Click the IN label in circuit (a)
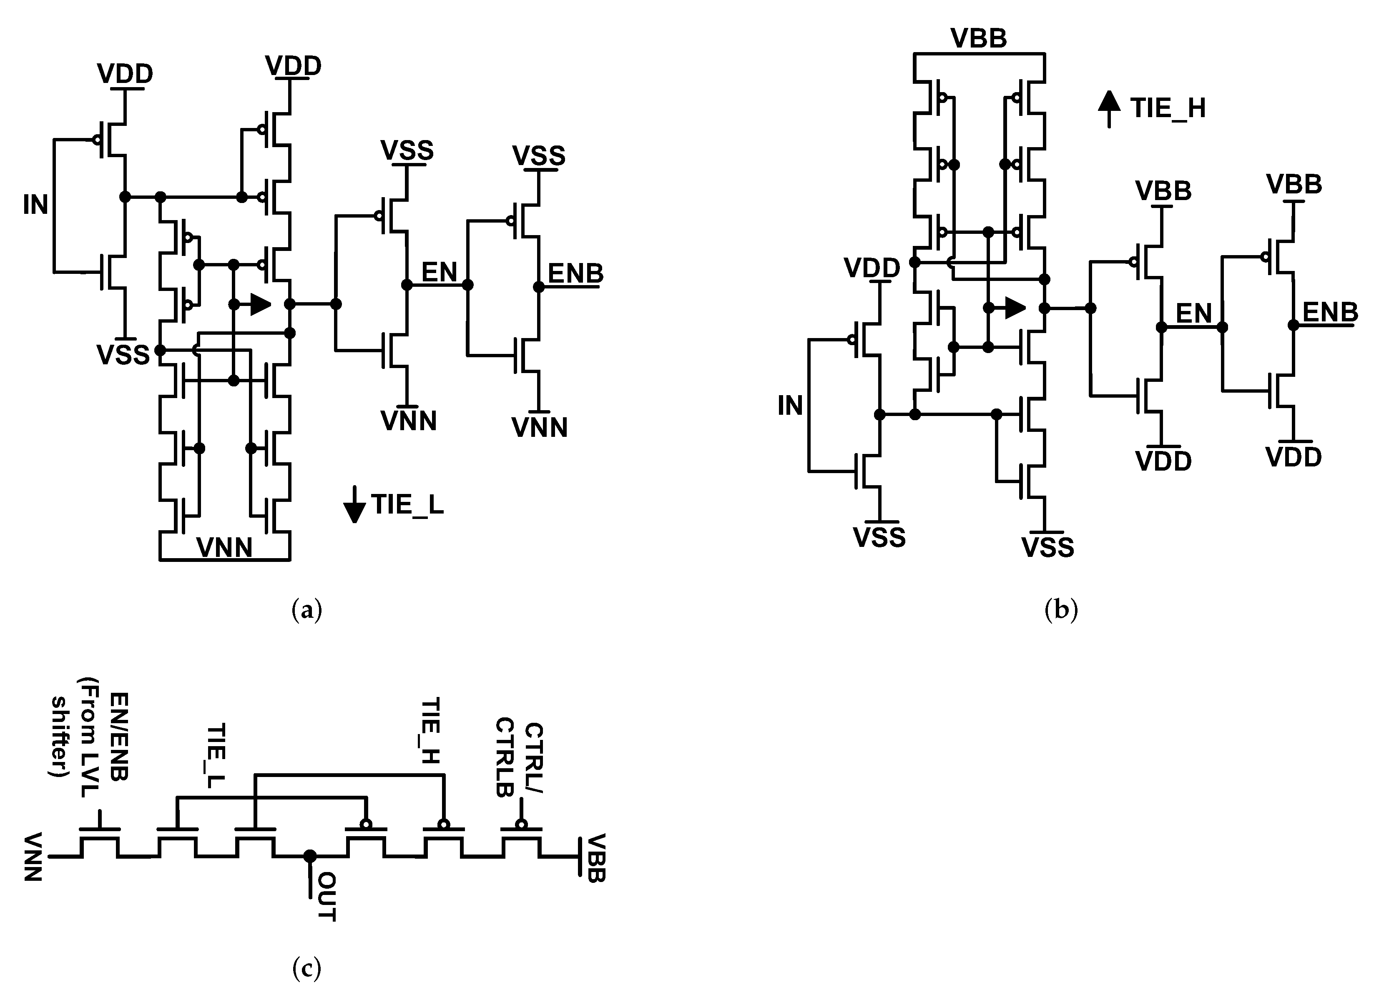[35, 205]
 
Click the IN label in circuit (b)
[790, 406]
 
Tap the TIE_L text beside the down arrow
[408, 505]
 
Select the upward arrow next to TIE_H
[1109, 108]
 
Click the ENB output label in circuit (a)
[575, 274]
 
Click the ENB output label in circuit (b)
[1329, 313]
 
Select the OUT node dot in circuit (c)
[310, 856]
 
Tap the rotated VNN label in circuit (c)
[33, 857]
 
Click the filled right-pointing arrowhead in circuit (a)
[261, 305]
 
